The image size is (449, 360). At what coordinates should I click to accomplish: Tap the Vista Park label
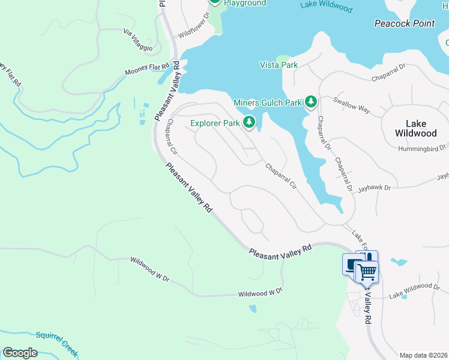[x=278, y=65]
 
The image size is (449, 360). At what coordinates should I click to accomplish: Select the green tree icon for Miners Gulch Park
[x=310, y=103]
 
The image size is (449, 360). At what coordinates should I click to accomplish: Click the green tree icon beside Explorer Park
[x=249, y=124]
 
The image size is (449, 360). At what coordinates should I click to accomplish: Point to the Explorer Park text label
[x=215, y=124]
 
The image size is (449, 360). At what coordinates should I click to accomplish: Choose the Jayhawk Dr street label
[x=374, y=188]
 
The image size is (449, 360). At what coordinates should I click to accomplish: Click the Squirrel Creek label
[x=58, y=341]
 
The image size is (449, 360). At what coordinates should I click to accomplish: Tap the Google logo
[x=20, y=353]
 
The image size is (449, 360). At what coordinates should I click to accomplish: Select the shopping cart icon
[x=367, y=272]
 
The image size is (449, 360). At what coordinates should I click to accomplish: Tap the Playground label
[x=245, y=3]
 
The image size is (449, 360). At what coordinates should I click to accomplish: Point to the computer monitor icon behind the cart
[x=350, y=263]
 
